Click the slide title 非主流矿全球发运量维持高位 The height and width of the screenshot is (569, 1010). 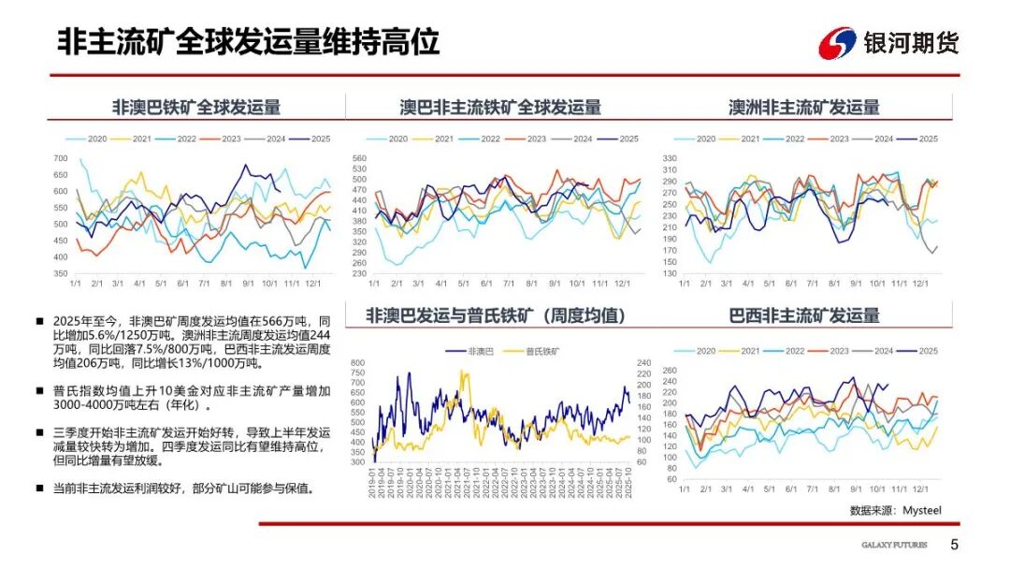pos(249,42)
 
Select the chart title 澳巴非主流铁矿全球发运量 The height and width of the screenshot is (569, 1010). pos(500,107)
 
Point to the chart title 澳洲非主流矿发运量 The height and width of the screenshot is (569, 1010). pos(804,107)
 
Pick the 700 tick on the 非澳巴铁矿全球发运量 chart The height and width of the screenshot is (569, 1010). pos(61,158)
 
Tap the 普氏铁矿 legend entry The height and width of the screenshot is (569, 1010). pos(535,351)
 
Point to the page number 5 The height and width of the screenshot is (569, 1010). pos(954,545)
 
